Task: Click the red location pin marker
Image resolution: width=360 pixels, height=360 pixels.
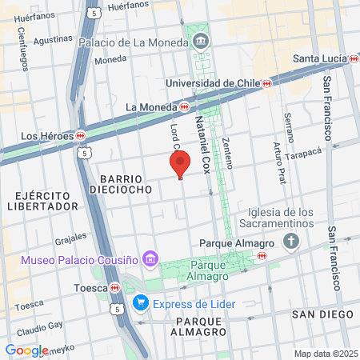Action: (180, 163)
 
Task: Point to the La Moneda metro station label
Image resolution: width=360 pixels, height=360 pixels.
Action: (157, 106)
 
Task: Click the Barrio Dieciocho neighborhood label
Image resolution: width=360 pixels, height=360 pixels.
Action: (122, 185)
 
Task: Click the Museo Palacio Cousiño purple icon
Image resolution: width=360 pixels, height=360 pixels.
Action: (149, 258)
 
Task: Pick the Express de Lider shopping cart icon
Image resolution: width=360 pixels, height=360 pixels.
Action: (141, 302)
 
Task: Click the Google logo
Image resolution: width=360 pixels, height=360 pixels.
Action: (26, 350)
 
